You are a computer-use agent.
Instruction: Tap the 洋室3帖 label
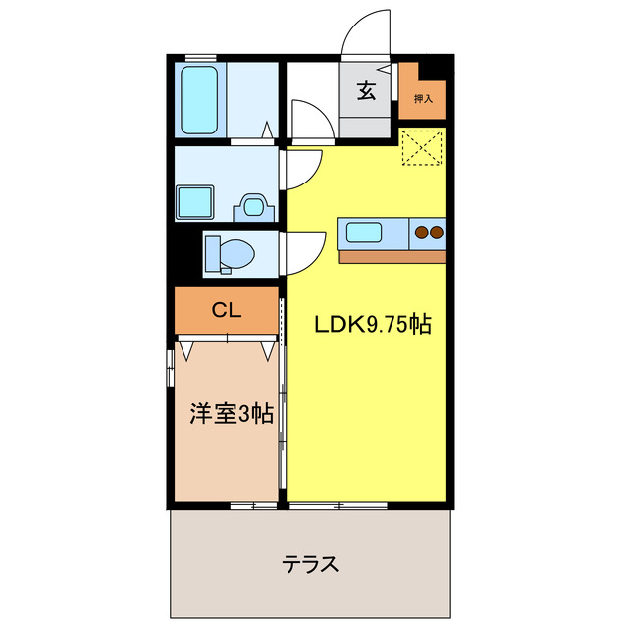tap(231, 413)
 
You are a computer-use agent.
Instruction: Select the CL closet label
tap(227, 310)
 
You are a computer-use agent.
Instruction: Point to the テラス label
tap(311, 565)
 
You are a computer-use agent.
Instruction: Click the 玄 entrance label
tap(366, 92)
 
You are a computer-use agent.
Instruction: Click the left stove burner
tap(422, 233)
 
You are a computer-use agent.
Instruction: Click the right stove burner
tap(437, 233)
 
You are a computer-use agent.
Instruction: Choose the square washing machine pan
tap(196, 202)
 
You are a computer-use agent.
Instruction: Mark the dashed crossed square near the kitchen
tap(424, 148)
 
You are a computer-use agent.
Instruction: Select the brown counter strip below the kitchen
tap(392, 257)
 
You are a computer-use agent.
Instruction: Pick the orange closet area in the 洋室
tap(227, 310)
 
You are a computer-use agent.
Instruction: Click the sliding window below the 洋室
tap(253, 506)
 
